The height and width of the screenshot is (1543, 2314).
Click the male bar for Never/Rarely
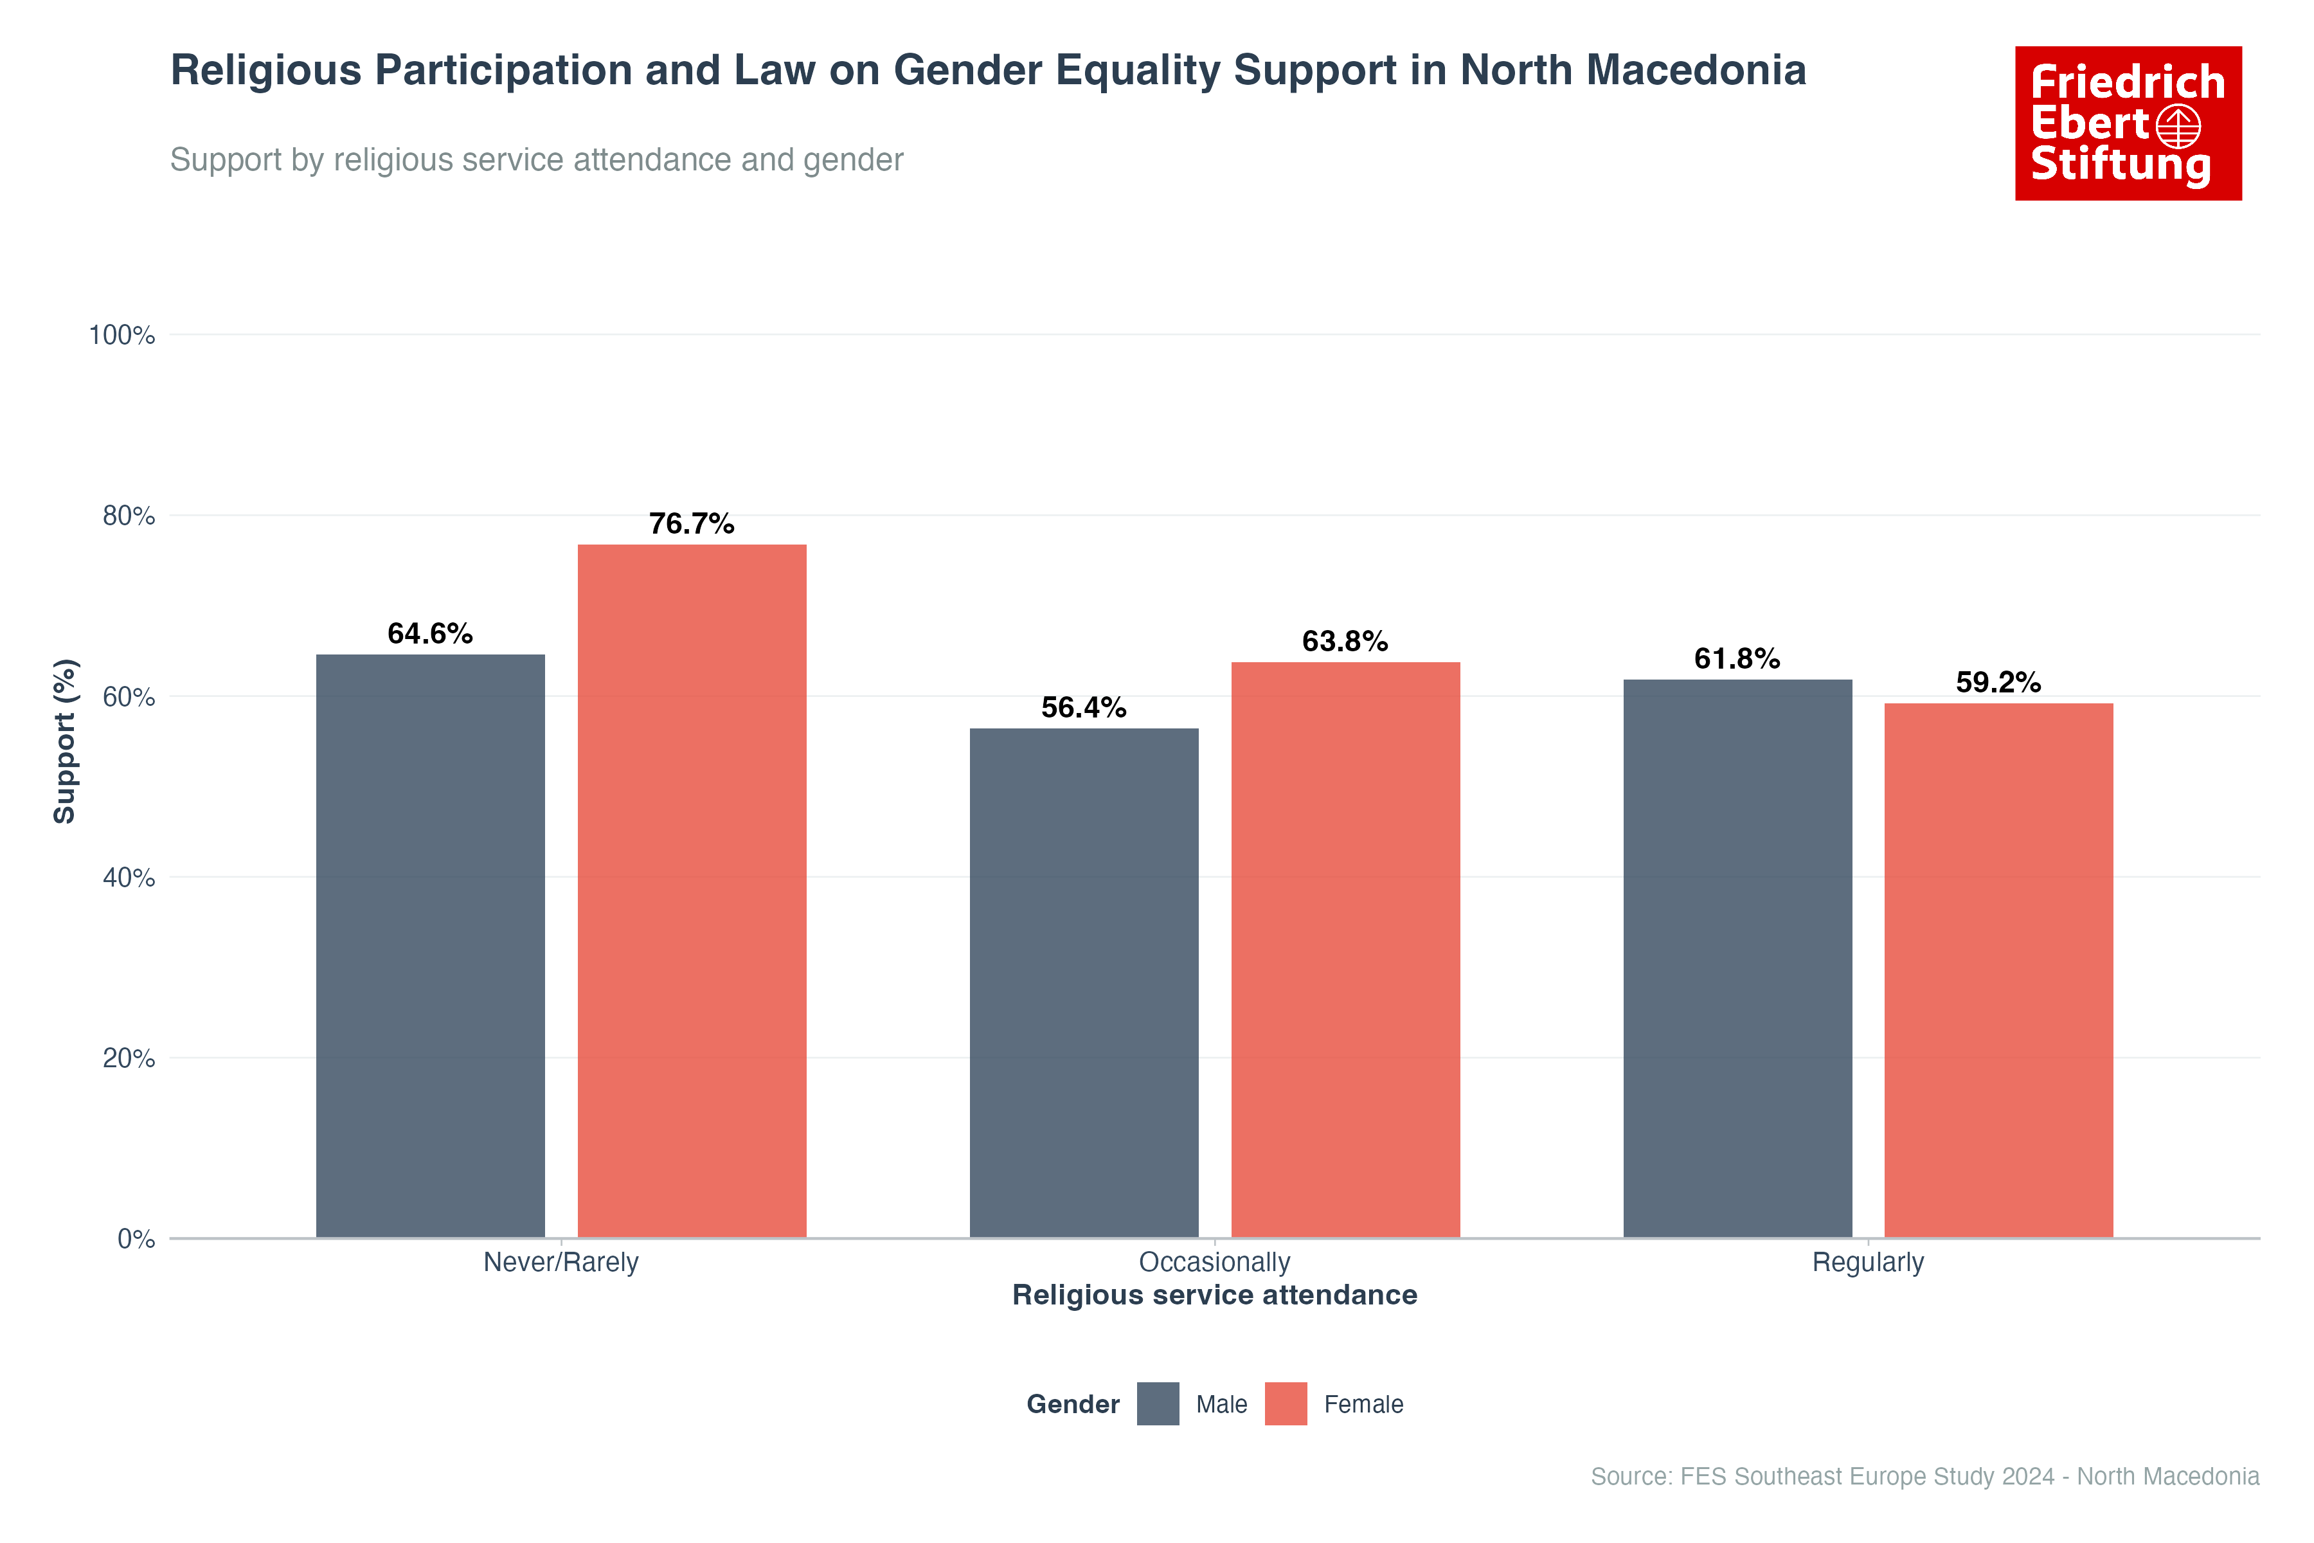pos(430,944)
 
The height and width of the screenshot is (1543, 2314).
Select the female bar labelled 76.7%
pos(692,890)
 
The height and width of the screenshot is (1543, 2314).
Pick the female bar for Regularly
pos(1998,970)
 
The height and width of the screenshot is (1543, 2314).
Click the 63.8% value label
pos(1344,642)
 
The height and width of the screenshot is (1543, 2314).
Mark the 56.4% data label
pos(1083,708)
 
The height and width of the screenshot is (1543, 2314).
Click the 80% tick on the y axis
pos(129,516)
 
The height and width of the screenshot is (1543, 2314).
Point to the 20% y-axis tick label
pos(129,1058)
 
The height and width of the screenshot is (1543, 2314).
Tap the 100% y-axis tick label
pos(122,336)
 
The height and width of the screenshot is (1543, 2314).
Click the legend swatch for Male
pos(1158,1403)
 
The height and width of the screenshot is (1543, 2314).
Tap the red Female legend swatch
pos(1286,1403)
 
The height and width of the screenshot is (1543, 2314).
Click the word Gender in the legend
pos(1072,1404)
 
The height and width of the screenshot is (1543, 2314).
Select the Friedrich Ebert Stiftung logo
pos(2128,123)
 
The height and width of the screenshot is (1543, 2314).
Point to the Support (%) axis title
pos(65,741)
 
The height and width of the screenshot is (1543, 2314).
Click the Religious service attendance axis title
pos(1214,1295)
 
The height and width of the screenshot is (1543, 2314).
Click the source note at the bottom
pos(1924,1476)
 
